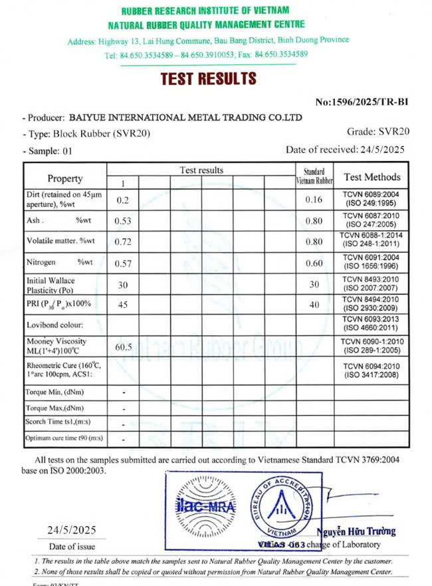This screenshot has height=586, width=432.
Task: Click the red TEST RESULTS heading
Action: pyautogui.click(x=208, y=78)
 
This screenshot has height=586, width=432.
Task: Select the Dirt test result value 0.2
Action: pyautogui.click(x=122, y=200)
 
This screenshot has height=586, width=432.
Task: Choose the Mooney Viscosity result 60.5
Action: pyautogui.click(x=124, y=347)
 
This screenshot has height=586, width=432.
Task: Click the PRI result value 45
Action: pyautogui.click(x=122, y=305)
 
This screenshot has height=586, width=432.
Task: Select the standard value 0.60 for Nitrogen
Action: pyautogui.click(x=314, y=263)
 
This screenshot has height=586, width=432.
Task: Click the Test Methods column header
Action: pyautogui.click(x=372, y=177)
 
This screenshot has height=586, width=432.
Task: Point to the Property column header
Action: pyautogui.click(x=65, y=178)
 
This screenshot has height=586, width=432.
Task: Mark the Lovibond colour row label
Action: pyautogui.click(x=54, y=325)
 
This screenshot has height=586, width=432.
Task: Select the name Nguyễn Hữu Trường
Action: pyautogui.click(x=356, y=531)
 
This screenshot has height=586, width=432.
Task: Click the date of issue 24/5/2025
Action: pyautogui.click(x=72, y=530)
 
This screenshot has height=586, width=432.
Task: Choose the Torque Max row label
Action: pyautogui.click(x=54, y=408)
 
